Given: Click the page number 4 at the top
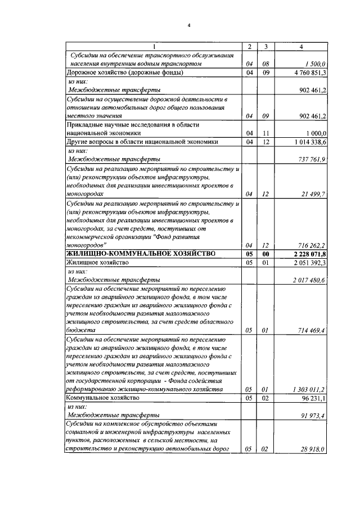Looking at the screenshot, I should [x=190, y=24].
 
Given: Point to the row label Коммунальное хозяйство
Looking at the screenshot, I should [x=102, y=398].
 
